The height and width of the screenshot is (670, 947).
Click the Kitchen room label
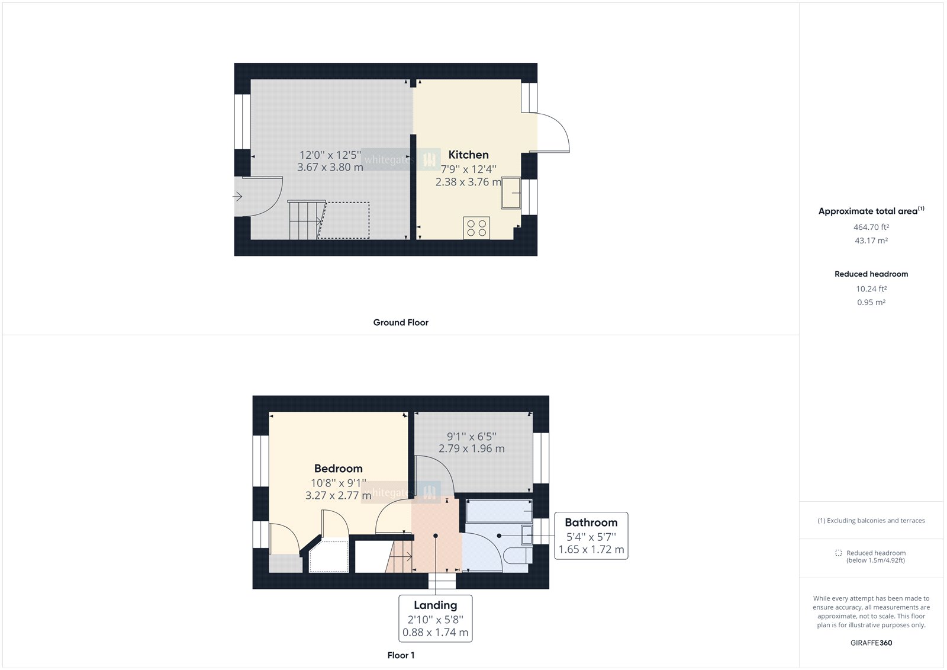coord(468,155)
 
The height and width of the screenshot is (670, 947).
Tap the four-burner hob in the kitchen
coord(476,228)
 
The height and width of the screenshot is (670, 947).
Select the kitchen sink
coord(511,193)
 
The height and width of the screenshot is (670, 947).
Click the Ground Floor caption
coord(401,322)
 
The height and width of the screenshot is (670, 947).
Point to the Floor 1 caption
coord(401,655)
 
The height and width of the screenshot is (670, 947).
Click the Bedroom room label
coord(338,469)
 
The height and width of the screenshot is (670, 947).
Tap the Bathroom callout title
coord(591,522)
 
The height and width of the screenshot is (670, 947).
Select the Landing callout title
coord(435,605)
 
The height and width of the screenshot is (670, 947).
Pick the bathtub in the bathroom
coord(498,511)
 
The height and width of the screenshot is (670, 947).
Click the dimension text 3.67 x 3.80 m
coord(330,168)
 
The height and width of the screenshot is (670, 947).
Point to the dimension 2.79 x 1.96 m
coord(471,449)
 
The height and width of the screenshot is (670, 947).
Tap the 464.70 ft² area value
coord(871,227)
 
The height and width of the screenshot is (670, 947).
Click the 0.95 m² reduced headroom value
coord(871,302)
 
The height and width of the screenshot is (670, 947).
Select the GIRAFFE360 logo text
coord(871,643)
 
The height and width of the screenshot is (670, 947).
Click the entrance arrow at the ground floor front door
coord(238,197)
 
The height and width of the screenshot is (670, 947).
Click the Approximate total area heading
coord(868,211)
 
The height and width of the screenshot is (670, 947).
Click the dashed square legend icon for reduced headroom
coord(838,553)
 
